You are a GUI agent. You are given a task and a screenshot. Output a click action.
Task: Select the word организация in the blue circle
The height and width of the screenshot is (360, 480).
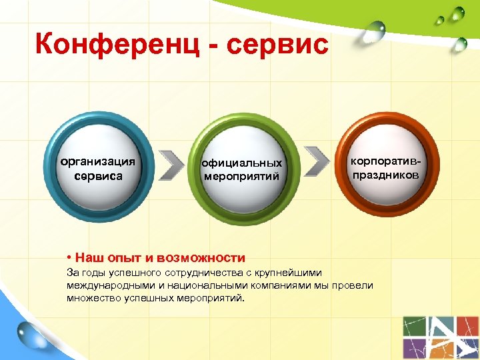tap(98, 161)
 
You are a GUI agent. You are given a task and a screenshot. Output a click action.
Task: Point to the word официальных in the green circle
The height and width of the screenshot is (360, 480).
tap(242, 163)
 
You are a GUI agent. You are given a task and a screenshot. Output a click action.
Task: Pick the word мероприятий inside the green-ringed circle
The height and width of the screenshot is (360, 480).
tap(242, 177)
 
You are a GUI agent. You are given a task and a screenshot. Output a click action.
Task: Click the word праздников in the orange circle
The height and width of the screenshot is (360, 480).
tap(386, 175)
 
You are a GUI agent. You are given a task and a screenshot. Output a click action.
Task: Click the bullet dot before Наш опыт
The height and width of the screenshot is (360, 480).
tap(69, 257)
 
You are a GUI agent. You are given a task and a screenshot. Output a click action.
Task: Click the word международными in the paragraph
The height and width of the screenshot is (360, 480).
tap(109, 285)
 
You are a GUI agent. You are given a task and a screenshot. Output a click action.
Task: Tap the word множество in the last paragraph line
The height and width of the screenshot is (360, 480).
tap(93, 298)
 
